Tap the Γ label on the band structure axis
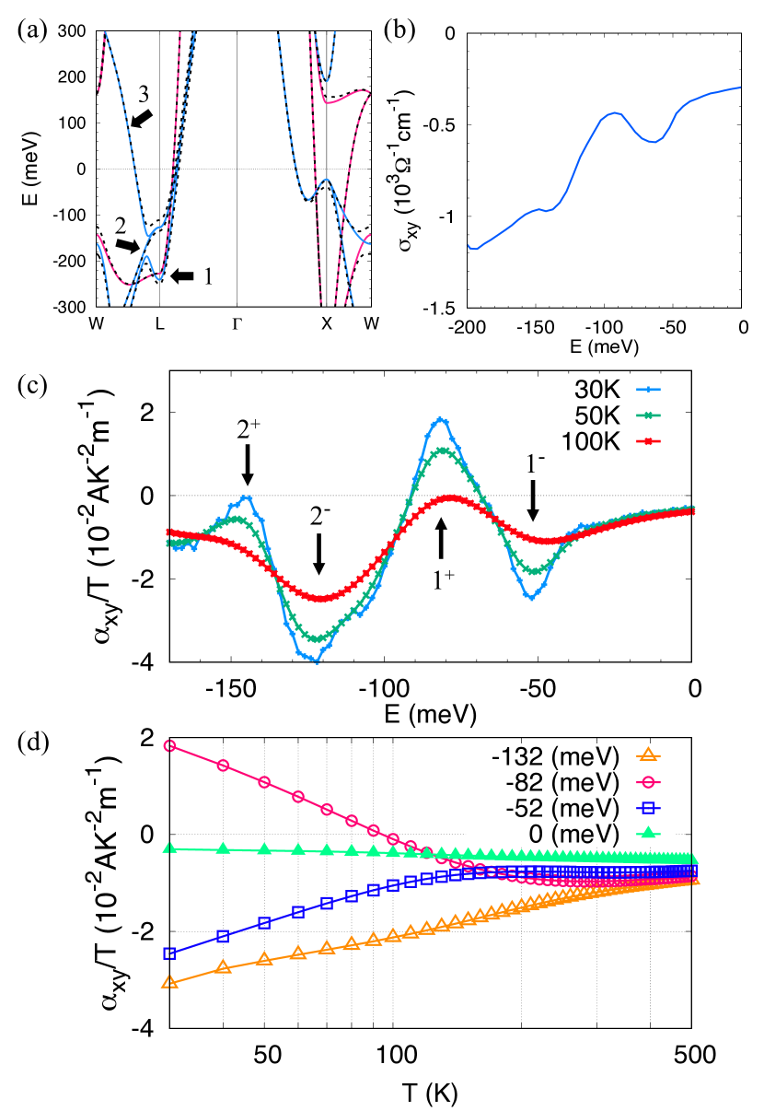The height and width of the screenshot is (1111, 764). [237, 323]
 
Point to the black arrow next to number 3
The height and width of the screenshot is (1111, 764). [142, 117]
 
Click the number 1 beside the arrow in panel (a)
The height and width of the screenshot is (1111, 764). [209, 275]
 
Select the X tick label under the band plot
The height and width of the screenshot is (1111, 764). [326, 323]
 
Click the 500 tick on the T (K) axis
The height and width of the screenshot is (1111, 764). [691, 1053]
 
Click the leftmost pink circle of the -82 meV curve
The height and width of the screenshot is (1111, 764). [169, 745]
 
